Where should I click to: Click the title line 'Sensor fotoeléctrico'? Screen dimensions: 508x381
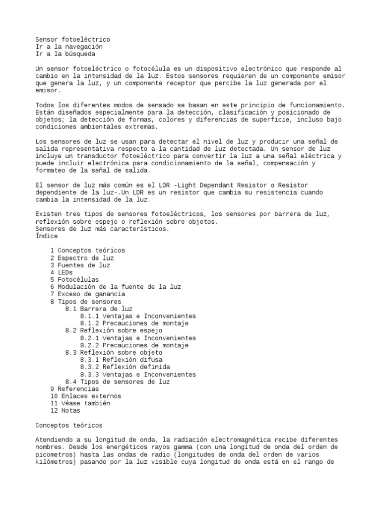73,39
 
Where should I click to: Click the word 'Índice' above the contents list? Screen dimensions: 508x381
47,236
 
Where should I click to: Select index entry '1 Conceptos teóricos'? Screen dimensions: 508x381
87,251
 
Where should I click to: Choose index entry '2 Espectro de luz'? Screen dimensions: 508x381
82,258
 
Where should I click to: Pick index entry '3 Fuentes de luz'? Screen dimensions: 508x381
80,265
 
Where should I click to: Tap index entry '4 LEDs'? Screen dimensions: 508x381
62,272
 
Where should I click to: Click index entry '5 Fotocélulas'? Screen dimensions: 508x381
74,280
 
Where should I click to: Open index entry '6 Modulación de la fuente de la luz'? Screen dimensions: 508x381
116,287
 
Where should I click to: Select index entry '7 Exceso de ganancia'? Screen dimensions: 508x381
87,294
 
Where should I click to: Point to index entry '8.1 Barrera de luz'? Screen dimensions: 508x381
99,309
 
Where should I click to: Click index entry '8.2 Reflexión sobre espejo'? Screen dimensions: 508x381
114,330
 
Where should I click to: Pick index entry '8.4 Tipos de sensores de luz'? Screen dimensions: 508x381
117,381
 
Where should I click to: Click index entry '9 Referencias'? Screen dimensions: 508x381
74,389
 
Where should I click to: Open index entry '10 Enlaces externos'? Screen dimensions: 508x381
85,396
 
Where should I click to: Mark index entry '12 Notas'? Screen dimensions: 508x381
65,411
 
